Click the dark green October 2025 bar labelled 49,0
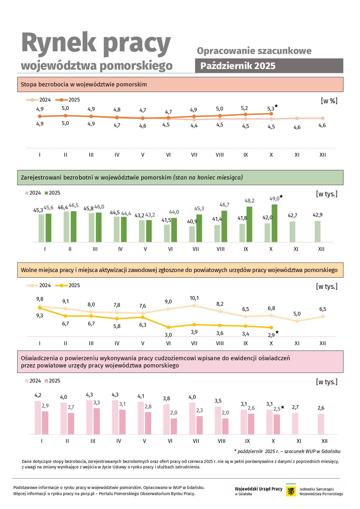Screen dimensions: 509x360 pyautogui.click(x=274, y=223)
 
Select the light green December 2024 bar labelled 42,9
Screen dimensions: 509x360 pyautogui.click(x=318, y=231)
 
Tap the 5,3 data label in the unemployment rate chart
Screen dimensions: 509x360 pyautogui.click(x=271, y=109)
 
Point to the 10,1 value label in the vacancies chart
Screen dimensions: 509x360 pyautogui.click(x=194, y=298)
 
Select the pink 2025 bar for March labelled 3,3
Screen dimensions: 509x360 pyautogui.click(x=97, y=421)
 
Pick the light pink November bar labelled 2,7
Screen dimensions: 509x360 pyautogui.click(x=295, y=423)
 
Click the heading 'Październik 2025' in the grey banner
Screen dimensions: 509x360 pyautogui.click(x=238, y=66)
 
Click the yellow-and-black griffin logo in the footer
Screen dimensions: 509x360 pyautogui.click(x=291, y=491)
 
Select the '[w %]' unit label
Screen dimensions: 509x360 pyautogui.click(x=329, y=101)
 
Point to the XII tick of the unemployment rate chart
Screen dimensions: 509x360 pyautogui.click(x=323, y=155)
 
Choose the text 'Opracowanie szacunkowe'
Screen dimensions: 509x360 pyautogui.click(x=254, y=51)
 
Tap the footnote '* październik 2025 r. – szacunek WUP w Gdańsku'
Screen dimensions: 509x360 pyautogui.click(x=287, y=451)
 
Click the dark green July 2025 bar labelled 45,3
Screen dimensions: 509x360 pyautogui.click(x=199, y=228)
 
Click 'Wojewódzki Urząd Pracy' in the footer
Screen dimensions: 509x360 pyautogui.click(x=258, y=489)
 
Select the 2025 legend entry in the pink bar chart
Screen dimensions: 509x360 pyautogui.click(x=52, y=381)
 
